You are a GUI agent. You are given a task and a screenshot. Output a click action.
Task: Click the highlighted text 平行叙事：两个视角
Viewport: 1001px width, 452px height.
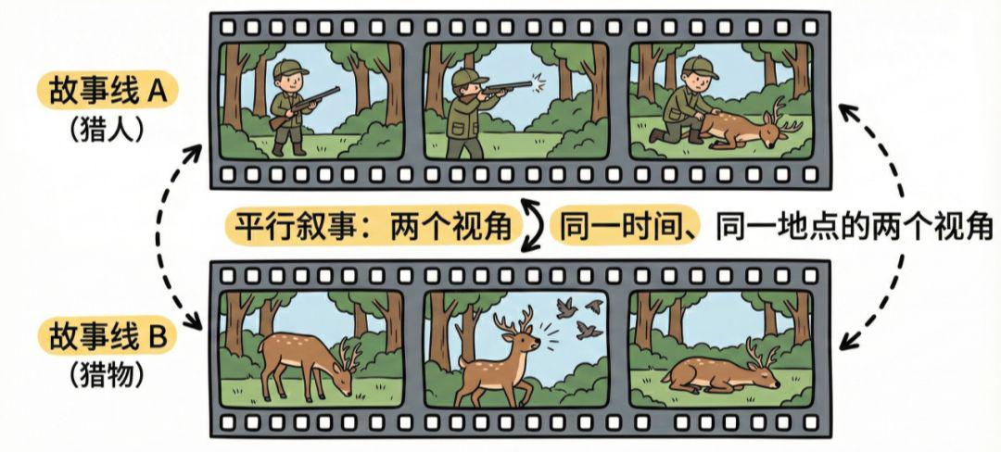coord(369,225)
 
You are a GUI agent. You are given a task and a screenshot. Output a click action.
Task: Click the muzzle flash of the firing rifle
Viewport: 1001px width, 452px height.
coord(539,83)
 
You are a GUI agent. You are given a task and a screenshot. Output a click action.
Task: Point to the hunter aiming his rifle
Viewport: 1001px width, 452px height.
coord(467,107)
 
